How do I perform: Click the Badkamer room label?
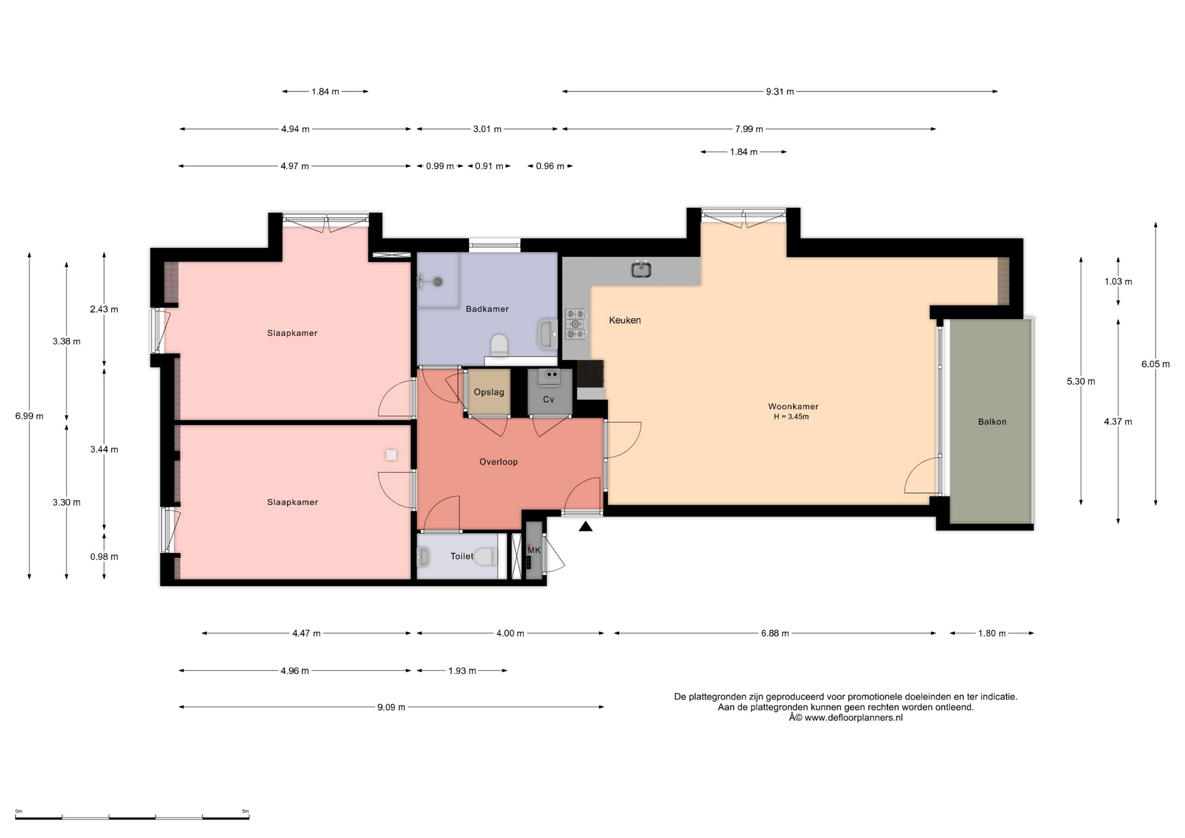[487, 309]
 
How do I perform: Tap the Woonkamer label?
[793, 407]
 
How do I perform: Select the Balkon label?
[992, 422]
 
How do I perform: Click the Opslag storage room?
[489, 392]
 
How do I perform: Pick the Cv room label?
[549, 400]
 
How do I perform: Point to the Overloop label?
[499, 462]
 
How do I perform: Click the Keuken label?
[625, 320]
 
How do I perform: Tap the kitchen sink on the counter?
[641, 269]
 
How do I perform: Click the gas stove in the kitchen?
[576, 324]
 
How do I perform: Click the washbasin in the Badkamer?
[547, 334]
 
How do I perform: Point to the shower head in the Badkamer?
[437, 282]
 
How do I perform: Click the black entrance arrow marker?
[586, 526]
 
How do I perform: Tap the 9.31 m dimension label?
[780, 92]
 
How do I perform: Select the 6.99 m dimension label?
[30, 417]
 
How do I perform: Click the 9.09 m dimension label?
[391, 707]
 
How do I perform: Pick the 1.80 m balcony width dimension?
[992, 634]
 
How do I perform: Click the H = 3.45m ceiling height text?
[791, 417]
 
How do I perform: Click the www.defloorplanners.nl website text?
[854, 718]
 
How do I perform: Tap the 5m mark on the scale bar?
[245, 811]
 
